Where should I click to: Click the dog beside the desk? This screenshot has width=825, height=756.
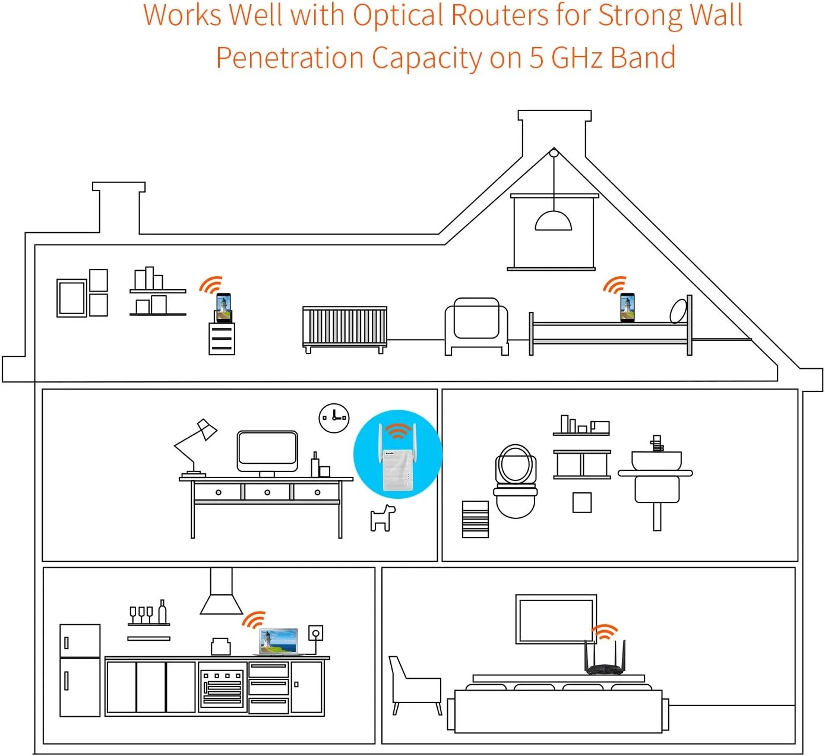point(383,518)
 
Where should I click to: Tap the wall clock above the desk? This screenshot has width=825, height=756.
point(334,417)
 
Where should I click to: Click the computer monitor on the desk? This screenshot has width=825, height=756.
point(267,452)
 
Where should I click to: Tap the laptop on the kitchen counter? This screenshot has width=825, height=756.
point(279,642)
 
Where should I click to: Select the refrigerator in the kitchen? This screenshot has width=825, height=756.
point(80,669)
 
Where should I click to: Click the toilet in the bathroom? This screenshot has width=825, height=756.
point(515,481)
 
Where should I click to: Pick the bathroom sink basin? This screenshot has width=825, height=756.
point(656,460)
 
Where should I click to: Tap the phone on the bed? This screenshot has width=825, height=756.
point(627,308)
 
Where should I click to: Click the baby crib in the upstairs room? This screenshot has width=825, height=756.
point(344,327)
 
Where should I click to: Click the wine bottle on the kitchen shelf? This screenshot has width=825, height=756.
point(162,612)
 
